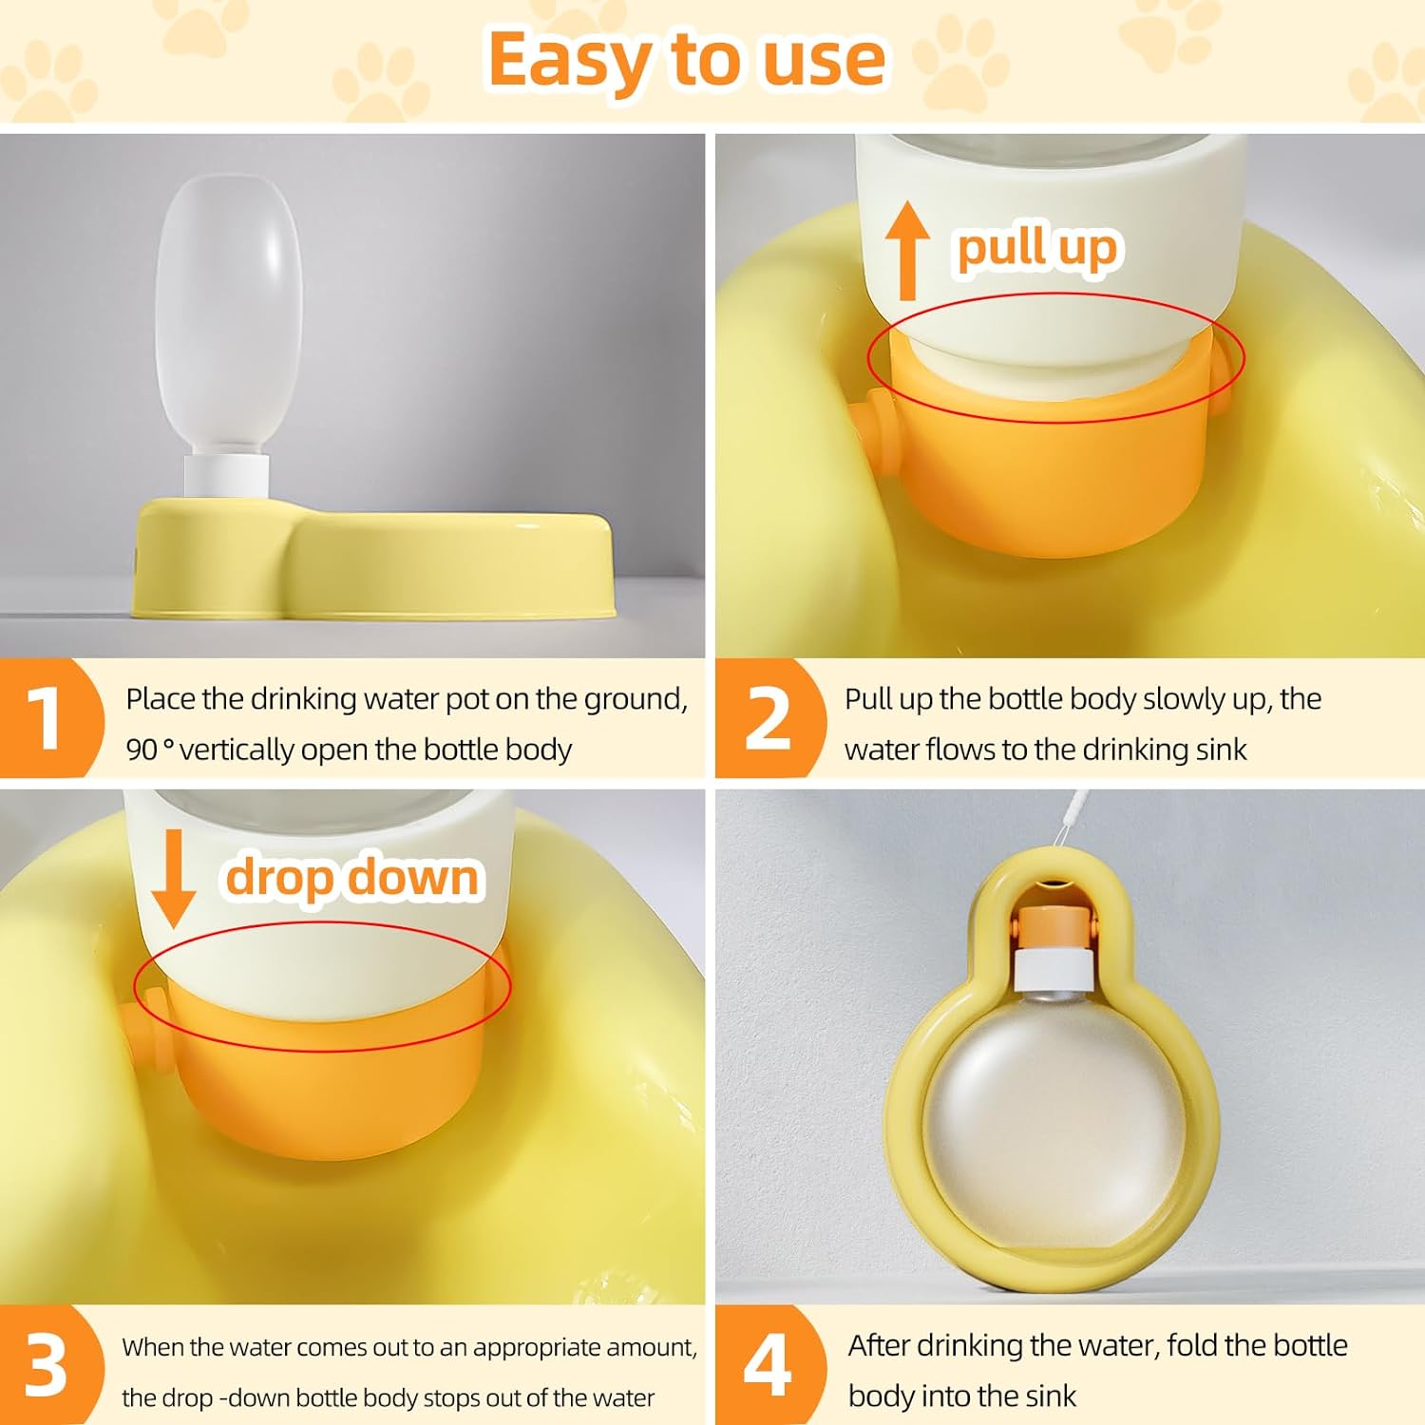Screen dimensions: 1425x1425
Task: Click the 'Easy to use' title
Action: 687,59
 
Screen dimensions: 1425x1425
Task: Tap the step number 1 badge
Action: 47,718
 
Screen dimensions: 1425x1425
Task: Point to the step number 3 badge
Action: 47,1366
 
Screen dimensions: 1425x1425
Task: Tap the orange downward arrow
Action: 173,878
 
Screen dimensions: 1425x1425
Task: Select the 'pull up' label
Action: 1037,249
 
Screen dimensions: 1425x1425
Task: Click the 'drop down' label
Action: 352,877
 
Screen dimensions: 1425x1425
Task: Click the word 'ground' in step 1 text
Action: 636,700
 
